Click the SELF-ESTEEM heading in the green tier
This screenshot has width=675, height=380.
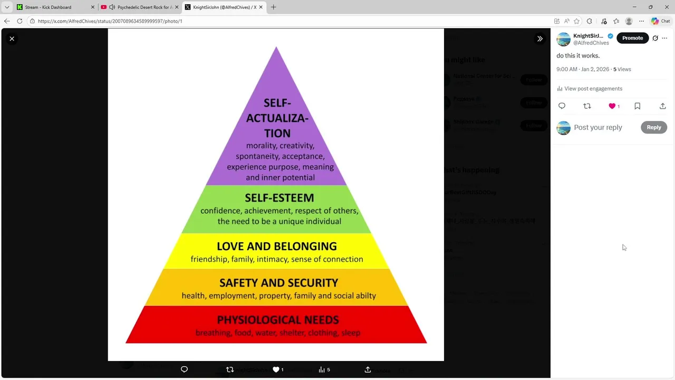(x=279, y=198)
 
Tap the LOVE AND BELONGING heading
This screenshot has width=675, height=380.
(x=276, y=246)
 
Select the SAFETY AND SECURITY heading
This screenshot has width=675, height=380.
(x=278, y=283)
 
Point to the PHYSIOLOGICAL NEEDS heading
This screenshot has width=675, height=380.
(x=277, y=320)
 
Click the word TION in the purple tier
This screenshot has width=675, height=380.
(x=277, y=133)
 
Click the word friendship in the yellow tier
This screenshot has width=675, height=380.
(x=209, y=259)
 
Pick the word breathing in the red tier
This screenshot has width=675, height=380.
(x=213, y=332)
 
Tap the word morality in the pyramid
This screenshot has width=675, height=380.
(x=262, y=146)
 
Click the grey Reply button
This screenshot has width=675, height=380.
(x=653, y=127)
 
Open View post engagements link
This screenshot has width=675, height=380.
(x=593, y=89)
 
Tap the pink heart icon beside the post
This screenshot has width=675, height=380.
(x=612, y=106)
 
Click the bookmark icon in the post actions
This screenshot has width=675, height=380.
(x=637, y=106)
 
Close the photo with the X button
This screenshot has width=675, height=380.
(x=12, y=39)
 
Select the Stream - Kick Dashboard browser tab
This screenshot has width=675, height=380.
(x=48, y=7)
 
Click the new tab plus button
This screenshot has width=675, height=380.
(x=273, y=7)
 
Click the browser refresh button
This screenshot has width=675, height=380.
(x=20, y=21)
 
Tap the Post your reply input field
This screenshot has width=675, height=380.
(x=598, y=127)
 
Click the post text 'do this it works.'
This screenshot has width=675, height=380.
(x=578, y=55)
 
